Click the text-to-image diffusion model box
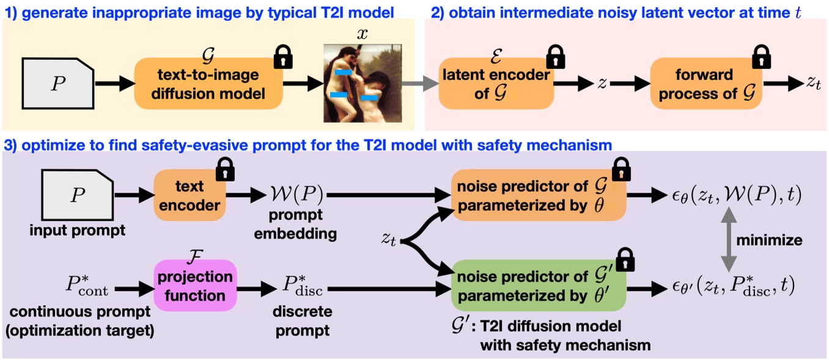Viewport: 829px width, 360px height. pyautogui.click(x=208, y=84)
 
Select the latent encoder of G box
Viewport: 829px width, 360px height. pyautogui.click(x=496, y=84)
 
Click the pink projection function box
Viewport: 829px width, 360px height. pyautogui.click(x=195, y=286)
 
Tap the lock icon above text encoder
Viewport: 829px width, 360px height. pyautogui.click(x=226, y=169)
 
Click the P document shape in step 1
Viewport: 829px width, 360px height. pyautogui.click(x=58, y=84)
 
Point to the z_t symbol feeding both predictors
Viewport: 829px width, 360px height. pyautogui.click(x=389, y=240)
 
